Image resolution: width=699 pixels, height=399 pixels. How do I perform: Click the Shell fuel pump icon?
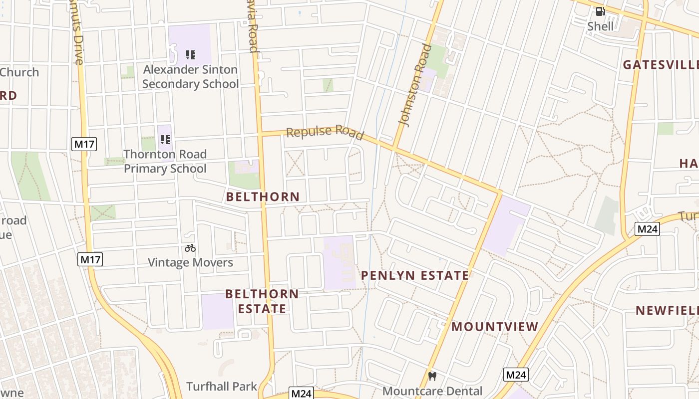click(x=600, y=11)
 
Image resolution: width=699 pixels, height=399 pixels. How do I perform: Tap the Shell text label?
click(x=600, y=26)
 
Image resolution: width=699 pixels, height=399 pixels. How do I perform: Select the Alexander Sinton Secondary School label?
click(x=190, y=77)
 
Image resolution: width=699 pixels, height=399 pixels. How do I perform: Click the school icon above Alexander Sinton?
click(x=190, y=54)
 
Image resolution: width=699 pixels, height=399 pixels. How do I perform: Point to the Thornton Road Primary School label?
click(x=165, y=161)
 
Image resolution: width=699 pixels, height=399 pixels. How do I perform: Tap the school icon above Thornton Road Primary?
click(x=165, y=139)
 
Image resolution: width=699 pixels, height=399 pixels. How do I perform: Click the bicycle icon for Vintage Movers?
click(x=190, y=247)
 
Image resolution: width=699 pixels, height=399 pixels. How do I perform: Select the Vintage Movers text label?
click(x=190, y=262)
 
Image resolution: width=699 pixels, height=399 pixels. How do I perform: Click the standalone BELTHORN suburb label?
click(x=263, y=197)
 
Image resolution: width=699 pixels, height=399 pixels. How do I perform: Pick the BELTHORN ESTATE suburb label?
click(x=262, y=301)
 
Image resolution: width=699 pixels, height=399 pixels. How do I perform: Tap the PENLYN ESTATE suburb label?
click(x=415, y=275)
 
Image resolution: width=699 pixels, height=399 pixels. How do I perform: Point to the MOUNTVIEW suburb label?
click(x=495, y=327)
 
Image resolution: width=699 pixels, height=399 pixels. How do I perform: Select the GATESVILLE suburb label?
click(x=660, y=65)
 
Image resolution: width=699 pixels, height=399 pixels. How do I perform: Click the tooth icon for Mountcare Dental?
click(x=432, y=377)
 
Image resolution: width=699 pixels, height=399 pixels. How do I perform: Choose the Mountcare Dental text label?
click(x=432, y=391)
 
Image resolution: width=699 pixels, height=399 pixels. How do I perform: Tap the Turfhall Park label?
click(x=222, y=387)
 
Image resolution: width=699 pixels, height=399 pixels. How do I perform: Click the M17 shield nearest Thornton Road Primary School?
click(x=84, y=145)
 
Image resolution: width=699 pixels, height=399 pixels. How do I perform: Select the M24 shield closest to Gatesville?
click(x=647, y=229)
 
